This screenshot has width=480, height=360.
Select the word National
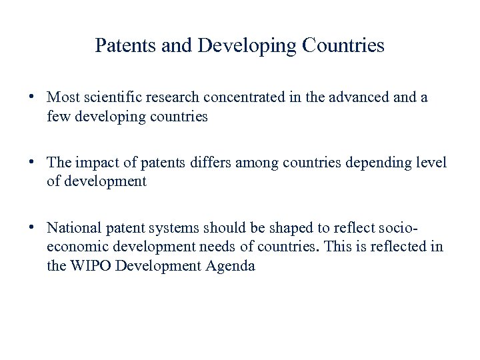75,228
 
